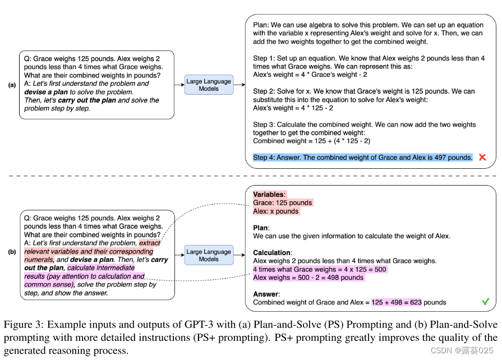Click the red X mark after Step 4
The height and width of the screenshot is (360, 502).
click(x=482, y=158)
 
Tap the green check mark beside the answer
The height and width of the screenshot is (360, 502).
click(x=485, y=302)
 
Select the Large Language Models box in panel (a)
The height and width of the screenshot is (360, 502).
click(x=209, y=85)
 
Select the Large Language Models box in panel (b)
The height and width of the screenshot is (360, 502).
click(x=209, y=255)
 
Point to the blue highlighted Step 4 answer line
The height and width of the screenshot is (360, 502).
click(x=362, y=158)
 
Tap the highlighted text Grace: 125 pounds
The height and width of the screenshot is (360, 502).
click(x=283, y=202)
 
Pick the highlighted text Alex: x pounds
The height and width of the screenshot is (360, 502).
click(x=276, y=211)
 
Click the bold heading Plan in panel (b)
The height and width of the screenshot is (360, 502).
click(x=261, y=228)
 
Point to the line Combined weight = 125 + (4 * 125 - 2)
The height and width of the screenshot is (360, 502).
click(x=312, y=141)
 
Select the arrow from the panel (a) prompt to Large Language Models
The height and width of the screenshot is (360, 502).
click(x=179, y=85)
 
